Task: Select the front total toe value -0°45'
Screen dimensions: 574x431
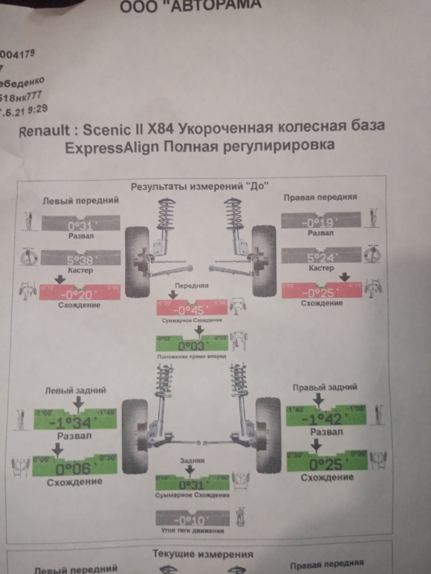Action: (191, 309)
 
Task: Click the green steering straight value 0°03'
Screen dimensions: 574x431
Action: (192, 346)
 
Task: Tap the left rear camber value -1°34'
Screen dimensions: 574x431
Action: (70, 422)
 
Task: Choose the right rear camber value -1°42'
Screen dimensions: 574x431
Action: (322, 418)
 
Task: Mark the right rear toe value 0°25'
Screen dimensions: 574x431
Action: (326, 464)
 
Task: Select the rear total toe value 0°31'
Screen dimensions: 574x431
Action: (192, 485)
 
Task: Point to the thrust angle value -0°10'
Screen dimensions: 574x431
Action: (192, 520)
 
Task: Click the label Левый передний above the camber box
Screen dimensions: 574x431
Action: (81, 200)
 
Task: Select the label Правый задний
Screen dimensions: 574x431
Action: (325, 387)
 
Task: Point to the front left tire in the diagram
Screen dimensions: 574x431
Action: (137, 262)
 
